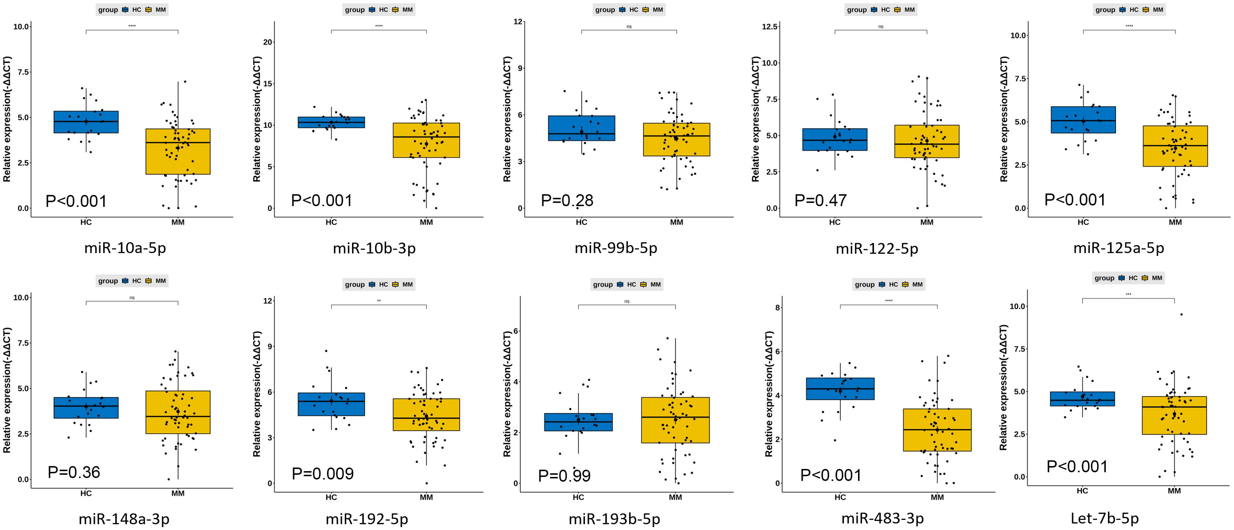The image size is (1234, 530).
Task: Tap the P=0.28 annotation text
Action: coord(567,200)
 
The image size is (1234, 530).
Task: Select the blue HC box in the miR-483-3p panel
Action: coord(840,389)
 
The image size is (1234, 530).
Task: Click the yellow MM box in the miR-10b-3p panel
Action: coord(426,140)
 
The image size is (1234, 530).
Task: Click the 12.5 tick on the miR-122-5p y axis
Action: coord(769,27)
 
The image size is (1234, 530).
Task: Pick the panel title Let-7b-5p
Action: coord(1104,518)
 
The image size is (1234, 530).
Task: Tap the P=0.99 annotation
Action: coord(564,476)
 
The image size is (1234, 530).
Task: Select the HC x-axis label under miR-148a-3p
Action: coord(86,493)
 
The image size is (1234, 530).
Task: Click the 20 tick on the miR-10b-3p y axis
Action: coord(268,42)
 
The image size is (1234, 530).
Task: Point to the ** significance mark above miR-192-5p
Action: coord(379,301)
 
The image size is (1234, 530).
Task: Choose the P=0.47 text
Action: coord(820,200)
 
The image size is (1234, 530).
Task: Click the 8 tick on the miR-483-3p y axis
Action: coord(777,308)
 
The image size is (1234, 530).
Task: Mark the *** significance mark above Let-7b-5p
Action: coord(1128,294)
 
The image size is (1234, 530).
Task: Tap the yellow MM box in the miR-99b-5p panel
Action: coord(676,140)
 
